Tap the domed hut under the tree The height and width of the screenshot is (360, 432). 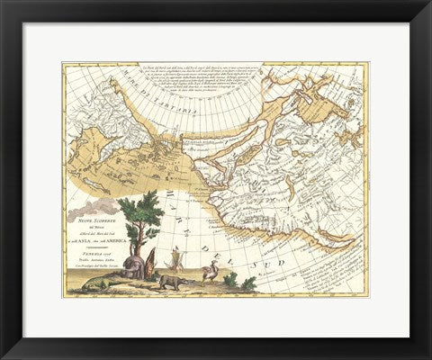(133, 267)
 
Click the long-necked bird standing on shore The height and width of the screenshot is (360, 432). (210, 270)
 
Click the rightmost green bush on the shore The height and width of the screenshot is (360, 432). (247, 283)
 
